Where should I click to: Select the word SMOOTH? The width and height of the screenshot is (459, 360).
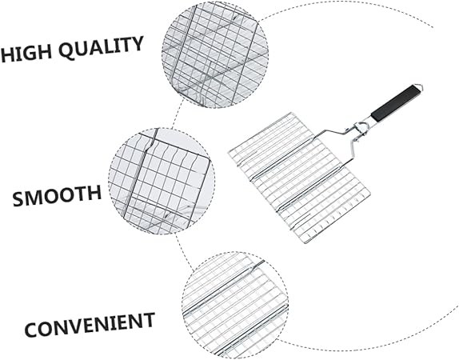pos(57,195)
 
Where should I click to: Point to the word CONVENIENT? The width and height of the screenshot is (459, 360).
pos(90,324)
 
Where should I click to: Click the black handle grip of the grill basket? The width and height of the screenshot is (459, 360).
pos(397,102)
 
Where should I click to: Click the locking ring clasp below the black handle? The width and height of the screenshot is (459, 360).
pos(359,129)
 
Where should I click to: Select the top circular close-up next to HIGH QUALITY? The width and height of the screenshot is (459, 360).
pos(215,55)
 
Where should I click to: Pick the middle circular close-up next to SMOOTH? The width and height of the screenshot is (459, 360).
pos(162,181)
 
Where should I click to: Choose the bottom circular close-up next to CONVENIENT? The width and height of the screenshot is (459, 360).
pos(235,305)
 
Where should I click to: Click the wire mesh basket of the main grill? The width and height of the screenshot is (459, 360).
pos(299,178)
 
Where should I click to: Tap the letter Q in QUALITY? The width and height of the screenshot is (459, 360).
pos(66,51)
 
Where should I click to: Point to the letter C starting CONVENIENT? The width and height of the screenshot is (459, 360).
pos(32,330)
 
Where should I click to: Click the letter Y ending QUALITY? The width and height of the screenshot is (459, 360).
pos(137,44)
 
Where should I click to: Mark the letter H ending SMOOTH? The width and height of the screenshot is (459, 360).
pos(94,193)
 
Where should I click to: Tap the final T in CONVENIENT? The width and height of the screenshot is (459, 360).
pos(148,320)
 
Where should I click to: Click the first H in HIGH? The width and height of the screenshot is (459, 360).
pos(7,55)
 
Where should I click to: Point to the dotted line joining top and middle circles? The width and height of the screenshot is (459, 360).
pos(178,114)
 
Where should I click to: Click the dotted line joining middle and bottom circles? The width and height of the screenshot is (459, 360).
pos(184,251)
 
